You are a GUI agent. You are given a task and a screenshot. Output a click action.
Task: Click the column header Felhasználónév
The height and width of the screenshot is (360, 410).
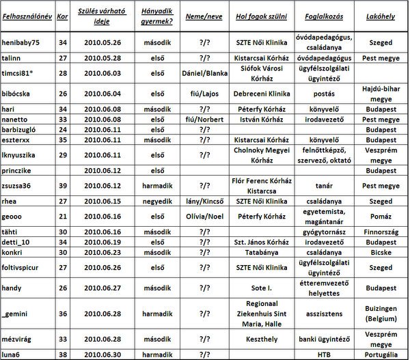[x=26, y=14]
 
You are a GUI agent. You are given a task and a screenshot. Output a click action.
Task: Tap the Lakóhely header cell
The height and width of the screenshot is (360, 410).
[x=379, y=14]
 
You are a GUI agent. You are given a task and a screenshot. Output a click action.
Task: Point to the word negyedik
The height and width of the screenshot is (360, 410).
[x=155, y=201]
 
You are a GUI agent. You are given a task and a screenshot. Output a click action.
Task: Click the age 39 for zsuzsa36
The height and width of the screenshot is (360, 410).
[x=62, y=184]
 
